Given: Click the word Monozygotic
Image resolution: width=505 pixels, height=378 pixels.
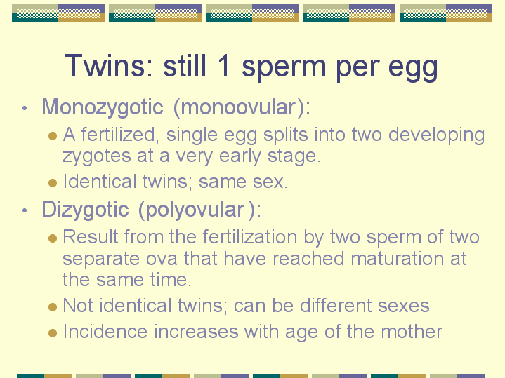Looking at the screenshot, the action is click(103, 107).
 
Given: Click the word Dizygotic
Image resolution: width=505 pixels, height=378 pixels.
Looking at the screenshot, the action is click(86, 210).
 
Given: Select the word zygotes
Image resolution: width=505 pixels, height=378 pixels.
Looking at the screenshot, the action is click(97, 157).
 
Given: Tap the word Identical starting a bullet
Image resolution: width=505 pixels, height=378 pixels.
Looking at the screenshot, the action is click(100, 181).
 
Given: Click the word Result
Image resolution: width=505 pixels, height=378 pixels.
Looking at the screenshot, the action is click(91, 237).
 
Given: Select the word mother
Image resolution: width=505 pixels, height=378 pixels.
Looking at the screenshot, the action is click(412, 331).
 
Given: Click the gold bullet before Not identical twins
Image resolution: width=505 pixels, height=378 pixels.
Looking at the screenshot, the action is click(53, 307).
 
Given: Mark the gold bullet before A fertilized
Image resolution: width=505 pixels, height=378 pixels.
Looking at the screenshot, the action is click(53, 136).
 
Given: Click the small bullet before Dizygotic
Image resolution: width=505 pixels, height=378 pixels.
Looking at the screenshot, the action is click(25, 210).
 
